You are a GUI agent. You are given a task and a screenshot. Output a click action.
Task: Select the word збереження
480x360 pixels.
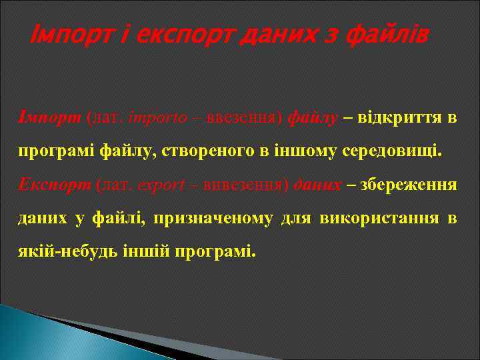[408, 185]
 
